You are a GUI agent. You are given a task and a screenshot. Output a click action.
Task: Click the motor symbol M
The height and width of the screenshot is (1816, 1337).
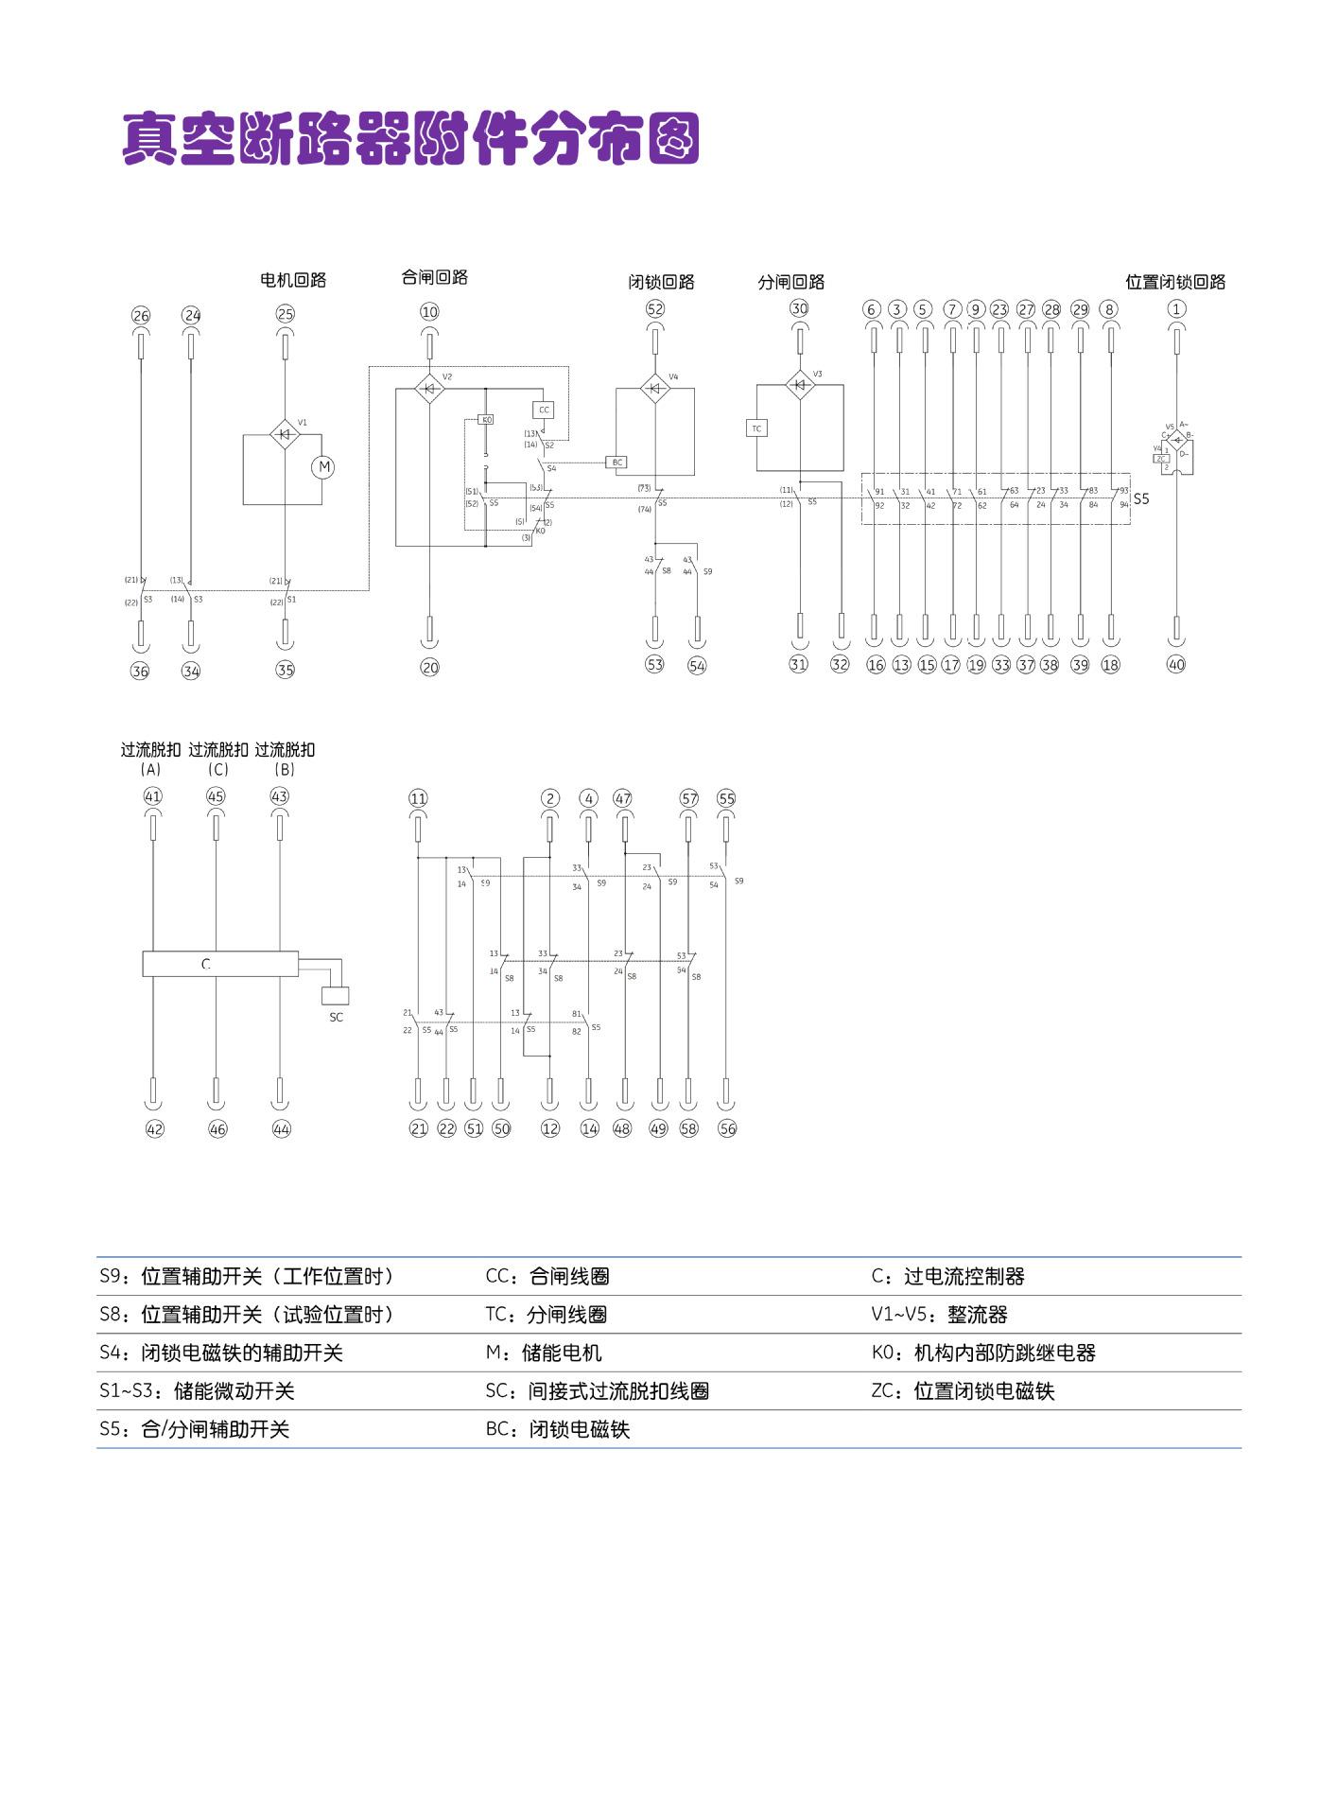[323, 466]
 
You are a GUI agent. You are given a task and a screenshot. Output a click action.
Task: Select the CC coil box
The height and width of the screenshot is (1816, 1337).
[543, 410]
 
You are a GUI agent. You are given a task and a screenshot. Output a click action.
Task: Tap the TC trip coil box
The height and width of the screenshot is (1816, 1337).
[755, 428]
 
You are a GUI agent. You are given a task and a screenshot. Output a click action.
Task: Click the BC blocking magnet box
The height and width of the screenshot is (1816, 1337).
[617, 463]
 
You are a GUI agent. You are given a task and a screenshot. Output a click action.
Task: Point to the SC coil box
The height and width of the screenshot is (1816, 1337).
[336, 995]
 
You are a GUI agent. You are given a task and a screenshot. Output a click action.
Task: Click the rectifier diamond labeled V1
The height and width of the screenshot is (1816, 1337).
[285, 434]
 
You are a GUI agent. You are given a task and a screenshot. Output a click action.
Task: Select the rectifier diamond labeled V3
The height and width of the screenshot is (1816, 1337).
[800, 385]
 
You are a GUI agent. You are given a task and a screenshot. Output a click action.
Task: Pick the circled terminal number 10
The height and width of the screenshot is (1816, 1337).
[429, 312]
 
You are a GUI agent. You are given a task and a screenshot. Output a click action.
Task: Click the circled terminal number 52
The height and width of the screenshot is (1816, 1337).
[655, 308]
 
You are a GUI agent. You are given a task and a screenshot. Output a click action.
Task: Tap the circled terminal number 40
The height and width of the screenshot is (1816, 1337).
[1176, 664]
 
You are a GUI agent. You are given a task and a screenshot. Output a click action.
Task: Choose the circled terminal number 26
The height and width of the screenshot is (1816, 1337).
[141, 316]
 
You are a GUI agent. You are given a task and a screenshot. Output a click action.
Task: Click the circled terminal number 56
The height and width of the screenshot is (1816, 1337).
[727, 1128]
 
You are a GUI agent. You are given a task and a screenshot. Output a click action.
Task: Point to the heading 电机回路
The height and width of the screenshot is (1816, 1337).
[293, 280]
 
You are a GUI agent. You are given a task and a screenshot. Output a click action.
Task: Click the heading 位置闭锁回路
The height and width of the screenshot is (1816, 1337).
[1175, 282]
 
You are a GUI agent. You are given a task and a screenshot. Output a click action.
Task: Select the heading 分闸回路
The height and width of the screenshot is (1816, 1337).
[791, 282]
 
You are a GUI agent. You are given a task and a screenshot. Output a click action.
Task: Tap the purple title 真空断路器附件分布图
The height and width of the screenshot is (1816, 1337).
[410, 139]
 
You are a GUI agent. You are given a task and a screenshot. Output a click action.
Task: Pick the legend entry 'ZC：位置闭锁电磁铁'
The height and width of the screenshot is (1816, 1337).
[963, 1390]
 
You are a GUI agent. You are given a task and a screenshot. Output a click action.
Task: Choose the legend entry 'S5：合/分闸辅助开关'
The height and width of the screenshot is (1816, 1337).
[195, 1429]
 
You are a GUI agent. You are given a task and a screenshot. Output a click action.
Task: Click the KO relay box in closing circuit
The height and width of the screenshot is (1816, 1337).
[486, 419]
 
